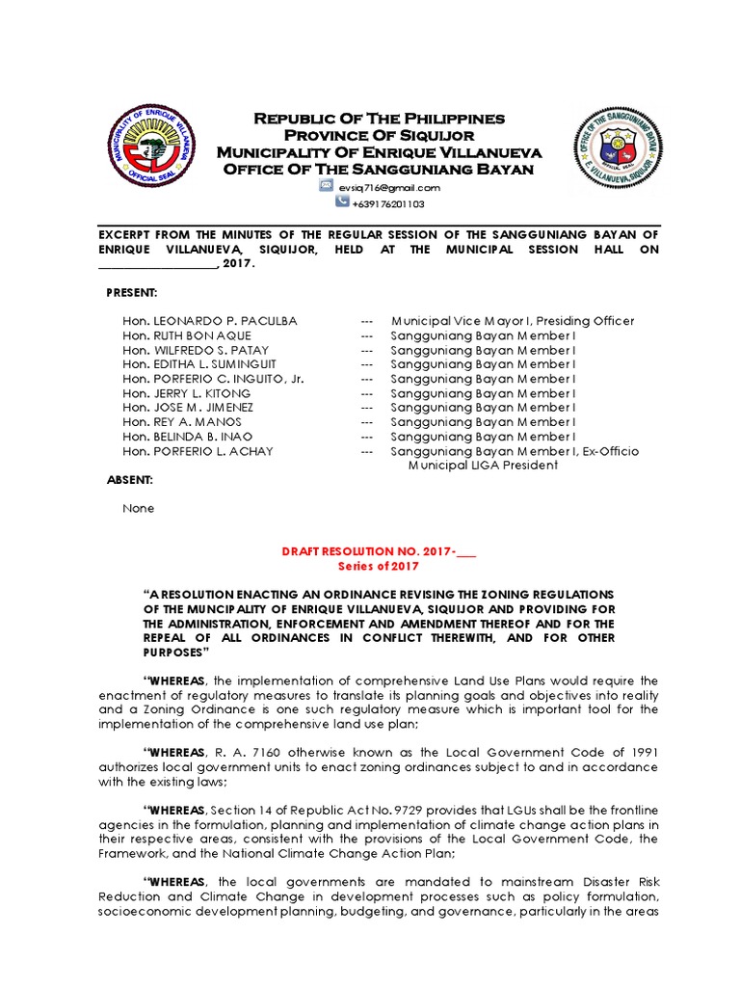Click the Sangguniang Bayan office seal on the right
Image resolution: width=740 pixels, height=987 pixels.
click(619, 150)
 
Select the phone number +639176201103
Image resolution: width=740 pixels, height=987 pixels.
click(388, 204)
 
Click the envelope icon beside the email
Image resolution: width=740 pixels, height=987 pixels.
click(327, 187)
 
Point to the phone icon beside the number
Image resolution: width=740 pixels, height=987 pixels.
click(342, 203)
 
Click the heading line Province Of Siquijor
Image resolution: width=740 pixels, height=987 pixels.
click(379, 135)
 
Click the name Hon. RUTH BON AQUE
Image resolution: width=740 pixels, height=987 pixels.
click(187, 335)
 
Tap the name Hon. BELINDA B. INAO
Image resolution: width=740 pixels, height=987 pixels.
click(188, 437)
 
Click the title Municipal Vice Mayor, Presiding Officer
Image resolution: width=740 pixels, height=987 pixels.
click(513, 321)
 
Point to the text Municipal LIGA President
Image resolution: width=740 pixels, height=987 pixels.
click(483, 465)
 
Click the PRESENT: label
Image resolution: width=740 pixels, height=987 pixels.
click(132, 292)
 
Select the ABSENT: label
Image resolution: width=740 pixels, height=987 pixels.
click(129, 480)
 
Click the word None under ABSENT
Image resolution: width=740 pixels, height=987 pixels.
click(138, 508)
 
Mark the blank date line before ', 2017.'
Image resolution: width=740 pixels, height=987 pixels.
click(158, 264)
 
